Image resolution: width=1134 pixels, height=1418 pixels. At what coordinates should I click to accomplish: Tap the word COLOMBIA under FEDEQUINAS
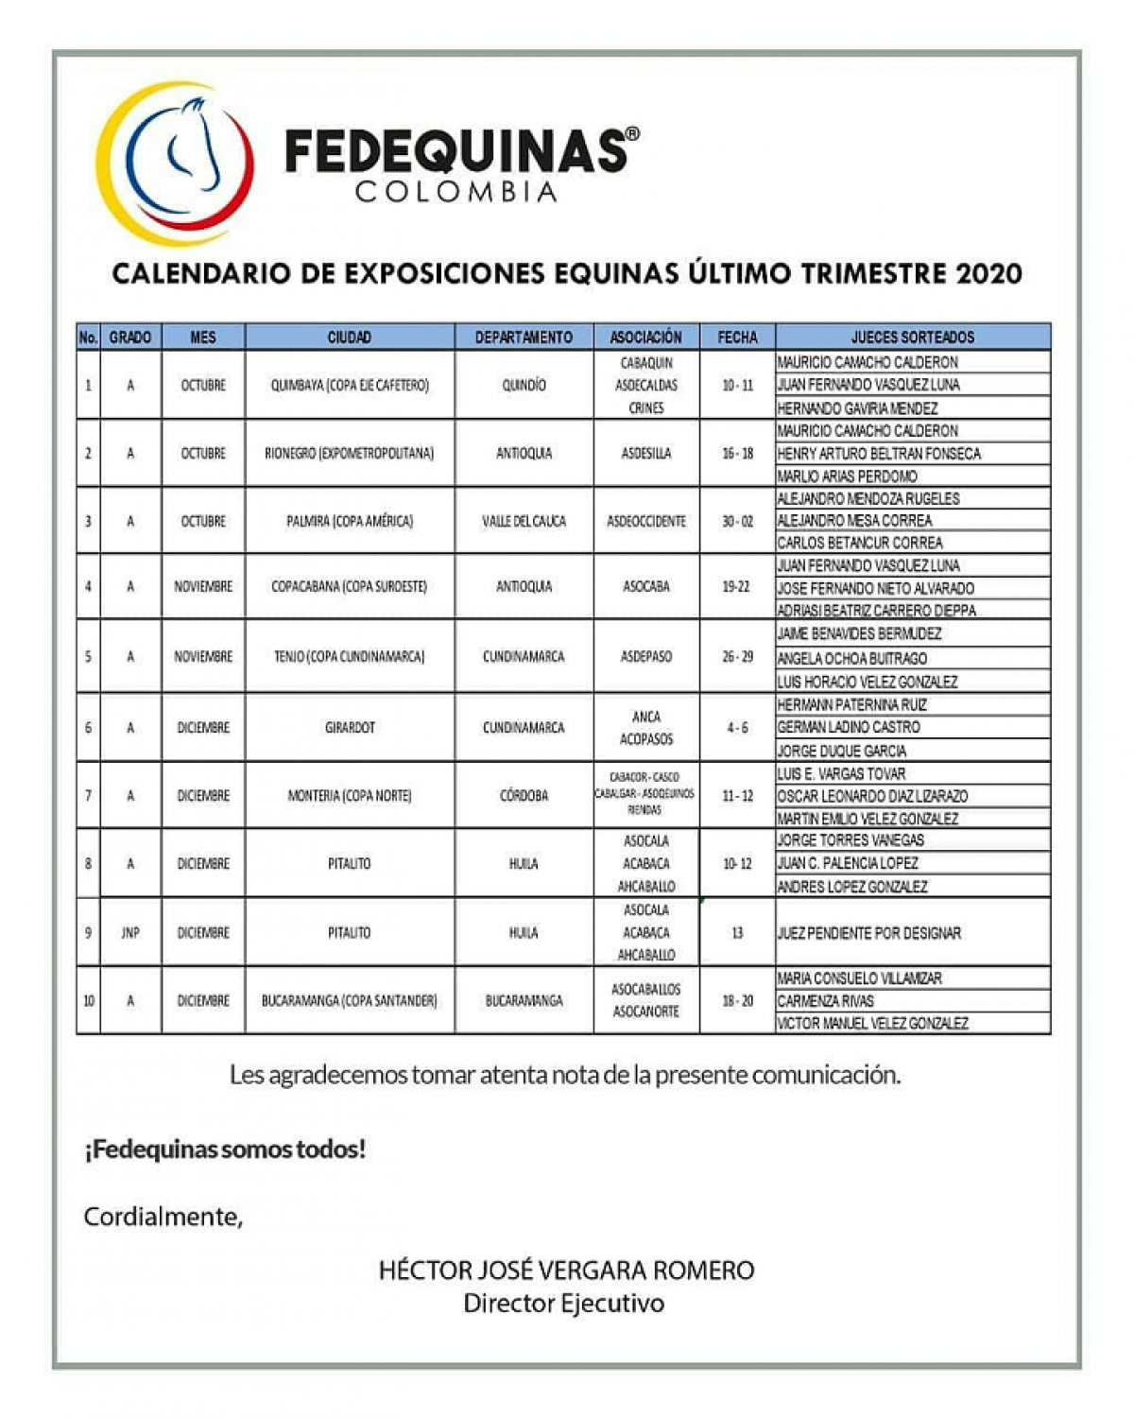(x=456, y=192)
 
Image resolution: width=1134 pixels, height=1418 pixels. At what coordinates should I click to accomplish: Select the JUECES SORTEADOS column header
(x=912, y=337)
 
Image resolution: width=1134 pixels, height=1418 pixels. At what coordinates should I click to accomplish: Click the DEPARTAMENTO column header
(x=524, y=337)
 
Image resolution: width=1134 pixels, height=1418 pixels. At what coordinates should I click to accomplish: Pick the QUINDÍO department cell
(x=524, y=385)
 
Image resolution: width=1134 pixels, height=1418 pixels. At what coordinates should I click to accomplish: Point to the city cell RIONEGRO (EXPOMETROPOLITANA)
(x=349, y=453)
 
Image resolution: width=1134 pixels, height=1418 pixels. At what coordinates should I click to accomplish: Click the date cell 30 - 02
(x=737, y=521)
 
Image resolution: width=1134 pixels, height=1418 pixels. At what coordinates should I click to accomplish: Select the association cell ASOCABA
(x=646, y=587)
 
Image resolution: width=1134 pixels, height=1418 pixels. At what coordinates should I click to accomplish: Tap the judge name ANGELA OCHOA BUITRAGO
(x=851, y=658)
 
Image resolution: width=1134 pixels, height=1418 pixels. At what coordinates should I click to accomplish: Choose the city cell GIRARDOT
(x=350, y=727)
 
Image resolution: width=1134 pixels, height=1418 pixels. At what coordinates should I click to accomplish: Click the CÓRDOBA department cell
(x=524, y=795)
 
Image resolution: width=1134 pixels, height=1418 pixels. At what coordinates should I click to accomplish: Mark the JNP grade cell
(x=130, y=932)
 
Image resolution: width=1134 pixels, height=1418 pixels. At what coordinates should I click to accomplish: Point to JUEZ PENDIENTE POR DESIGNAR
(x=868, y=933)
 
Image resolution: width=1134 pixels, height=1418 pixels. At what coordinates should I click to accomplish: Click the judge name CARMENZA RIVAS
(x=825, y=1000)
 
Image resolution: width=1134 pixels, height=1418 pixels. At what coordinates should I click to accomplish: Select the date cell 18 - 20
(x=737, y=1000)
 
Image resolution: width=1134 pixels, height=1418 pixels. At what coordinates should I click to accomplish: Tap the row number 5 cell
(x=89, y=656)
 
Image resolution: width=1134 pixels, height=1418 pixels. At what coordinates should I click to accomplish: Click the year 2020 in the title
(x=988, y=274)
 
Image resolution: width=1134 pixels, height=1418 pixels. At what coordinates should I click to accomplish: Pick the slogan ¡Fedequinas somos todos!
(x=225, y=1150)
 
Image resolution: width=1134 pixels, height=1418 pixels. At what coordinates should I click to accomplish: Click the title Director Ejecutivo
(x=564, y=1303)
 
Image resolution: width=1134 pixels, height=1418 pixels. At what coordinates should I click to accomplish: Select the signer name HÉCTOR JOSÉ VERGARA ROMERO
(x=566, y=1270)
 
